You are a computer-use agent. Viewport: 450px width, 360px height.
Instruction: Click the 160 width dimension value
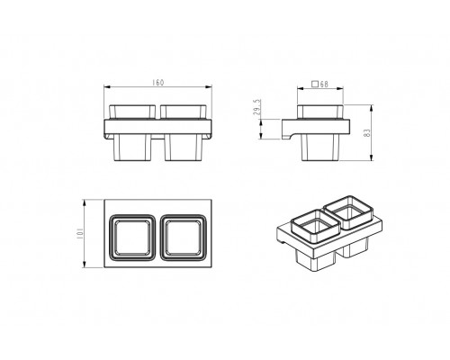coord(158,83)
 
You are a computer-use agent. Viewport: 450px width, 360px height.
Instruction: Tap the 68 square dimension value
coord(324,85)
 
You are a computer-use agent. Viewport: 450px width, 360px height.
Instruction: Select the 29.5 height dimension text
coord(257,107)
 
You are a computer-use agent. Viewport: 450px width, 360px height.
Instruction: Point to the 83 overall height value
coord(367,133)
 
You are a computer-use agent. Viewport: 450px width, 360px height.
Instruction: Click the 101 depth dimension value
coord(79,233)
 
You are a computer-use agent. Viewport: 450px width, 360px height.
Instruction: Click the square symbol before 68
coord(315,84)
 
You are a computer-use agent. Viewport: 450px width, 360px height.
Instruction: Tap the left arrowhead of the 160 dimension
coord(107,87)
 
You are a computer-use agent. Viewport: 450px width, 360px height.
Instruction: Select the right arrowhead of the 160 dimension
coord(209,87)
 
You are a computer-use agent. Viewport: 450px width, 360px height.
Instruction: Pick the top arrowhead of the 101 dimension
coord(85,202)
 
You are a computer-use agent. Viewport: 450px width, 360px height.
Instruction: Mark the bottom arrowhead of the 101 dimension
coord(85,264)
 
